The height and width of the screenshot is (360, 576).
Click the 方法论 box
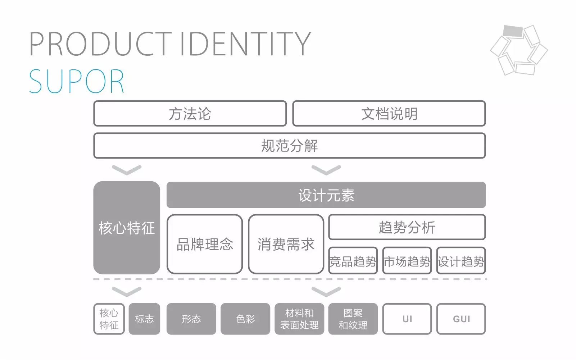pos(190,114)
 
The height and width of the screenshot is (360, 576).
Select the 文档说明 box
pos(389,114)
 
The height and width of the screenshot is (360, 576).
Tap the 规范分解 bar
pos(290,146)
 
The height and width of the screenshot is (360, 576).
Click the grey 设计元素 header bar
pos(326,195)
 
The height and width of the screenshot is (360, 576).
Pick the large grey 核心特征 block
pos(127,228)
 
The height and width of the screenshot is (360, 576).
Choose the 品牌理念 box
pos(205,244)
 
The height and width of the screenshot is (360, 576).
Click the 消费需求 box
pos(286,244)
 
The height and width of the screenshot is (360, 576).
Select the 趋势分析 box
pos(407,227)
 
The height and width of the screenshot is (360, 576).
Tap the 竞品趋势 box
pos(353,261)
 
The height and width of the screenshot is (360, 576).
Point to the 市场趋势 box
pos(407,261)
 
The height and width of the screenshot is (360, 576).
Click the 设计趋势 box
pos(461,261)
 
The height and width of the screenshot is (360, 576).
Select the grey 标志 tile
pos(144,319)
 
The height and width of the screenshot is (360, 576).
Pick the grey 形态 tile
pos(191,319)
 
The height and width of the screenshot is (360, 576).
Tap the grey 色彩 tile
pos(245,319)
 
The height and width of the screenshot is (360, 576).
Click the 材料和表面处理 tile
pos(299,319)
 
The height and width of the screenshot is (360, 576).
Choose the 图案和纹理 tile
pos(353,319)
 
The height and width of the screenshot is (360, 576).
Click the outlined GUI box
pos(461,319)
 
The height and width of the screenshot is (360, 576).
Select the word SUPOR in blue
pos(77,82)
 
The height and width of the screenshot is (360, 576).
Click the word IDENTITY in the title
pos(245,44)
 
